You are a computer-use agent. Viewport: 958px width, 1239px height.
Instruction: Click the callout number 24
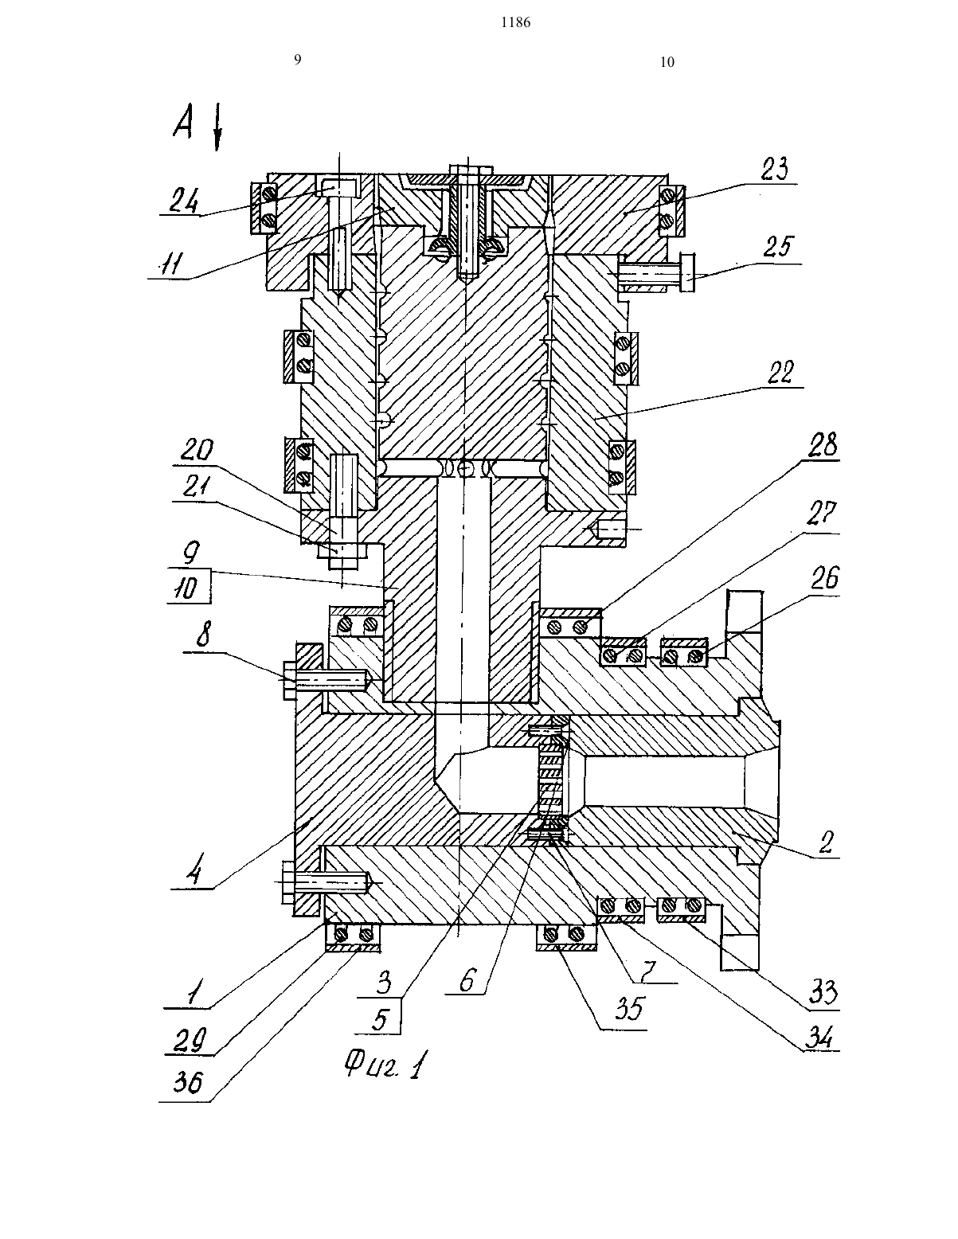[x=184, y=201]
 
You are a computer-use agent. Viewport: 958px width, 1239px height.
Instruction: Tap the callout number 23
[x=775, y=170]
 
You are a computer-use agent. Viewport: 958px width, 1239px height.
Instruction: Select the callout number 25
[x=778, y=247]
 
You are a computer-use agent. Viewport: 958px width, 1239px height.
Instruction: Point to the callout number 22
[x=780, y=373]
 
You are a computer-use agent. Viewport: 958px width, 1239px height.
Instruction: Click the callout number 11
[x=170, y=264]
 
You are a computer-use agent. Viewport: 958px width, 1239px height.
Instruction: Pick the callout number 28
[x=823, y=445]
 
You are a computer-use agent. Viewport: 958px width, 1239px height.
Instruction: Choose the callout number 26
[x=824, y=578]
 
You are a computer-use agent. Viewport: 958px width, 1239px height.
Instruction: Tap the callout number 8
[x=204, y=634]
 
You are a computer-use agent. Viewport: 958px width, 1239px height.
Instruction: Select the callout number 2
[x=826, y=842]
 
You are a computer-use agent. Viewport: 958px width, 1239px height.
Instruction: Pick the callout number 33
[x=823, y=993]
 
